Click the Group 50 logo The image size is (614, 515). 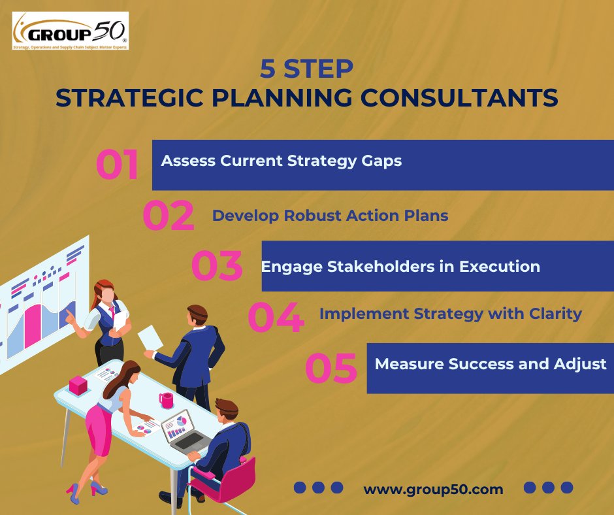click(x=70, y=31)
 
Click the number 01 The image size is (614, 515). click(x=118, y=165)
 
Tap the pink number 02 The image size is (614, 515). click(x=168, y=216)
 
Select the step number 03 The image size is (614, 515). click(x=217, y=267)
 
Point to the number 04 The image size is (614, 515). click(x=276, y=317)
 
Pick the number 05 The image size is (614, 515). click(x=331, y=368)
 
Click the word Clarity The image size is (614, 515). click(x=551, y=314)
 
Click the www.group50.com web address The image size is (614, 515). click(x=433, y=489)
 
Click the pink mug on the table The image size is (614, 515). click(x=166, y=400)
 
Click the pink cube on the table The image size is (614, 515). click(x=78, y=386)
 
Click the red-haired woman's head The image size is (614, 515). click(x=105, y=291)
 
